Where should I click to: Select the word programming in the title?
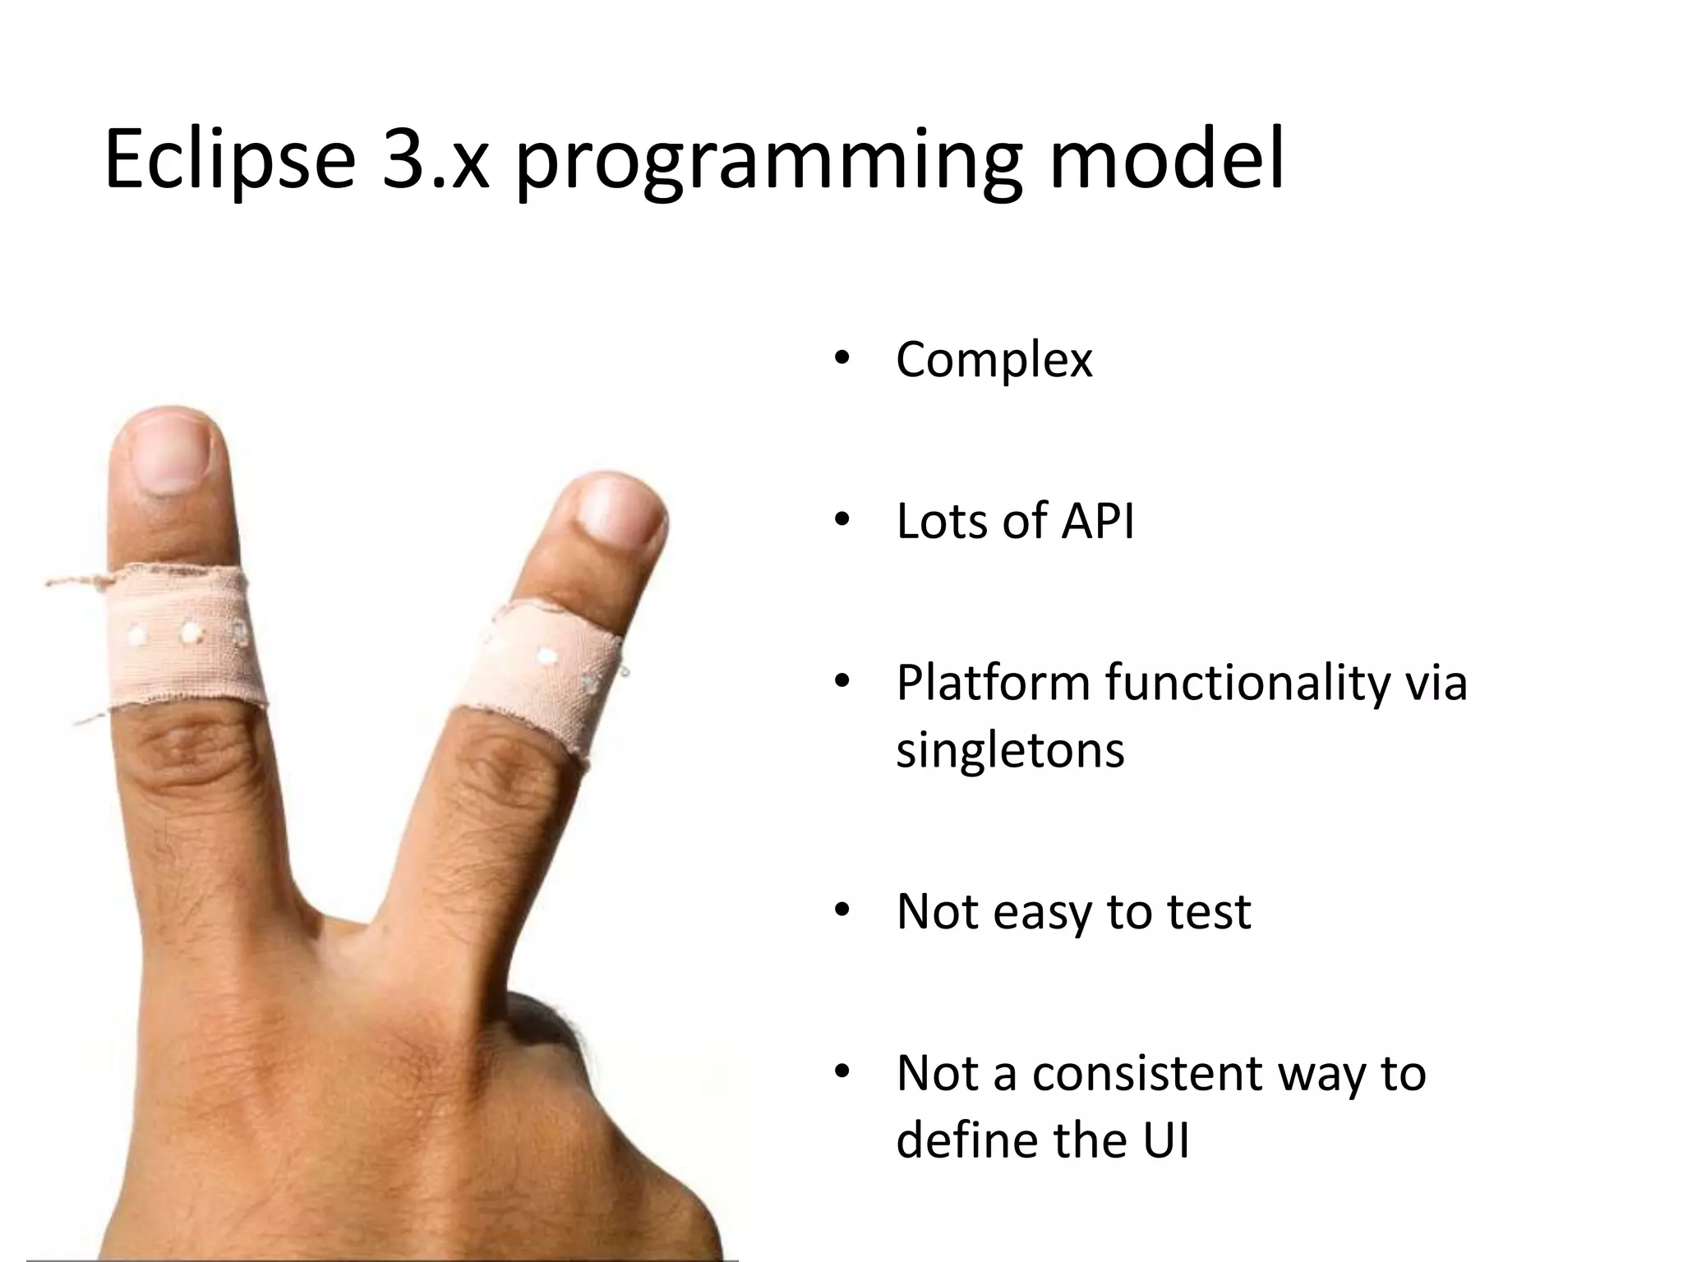point(768,164)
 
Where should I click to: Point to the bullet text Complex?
point(994,360)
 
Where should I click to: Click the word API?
point(1097,521)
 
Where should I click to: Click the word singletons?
point(1010,749)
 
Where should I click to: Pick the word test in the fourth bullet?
point(1209,911)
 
